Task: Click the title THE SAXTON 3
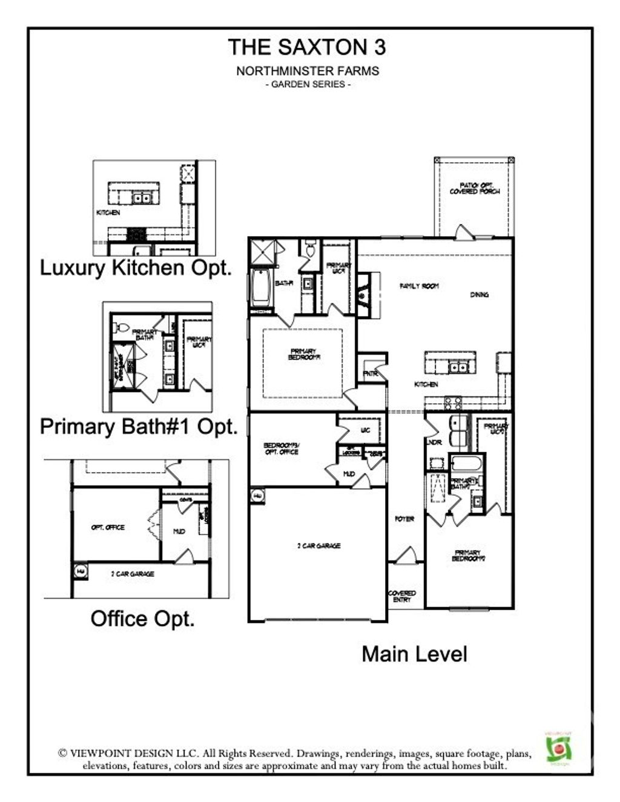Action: coord(307,47)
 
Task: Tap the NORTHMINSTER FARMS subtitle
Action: coord(308,71)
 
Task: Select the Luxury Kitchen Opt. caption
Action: coord(136,268)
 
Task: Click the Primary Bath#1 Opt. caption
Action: coord(139,427)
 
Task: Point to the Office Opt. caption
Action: coord(143,619)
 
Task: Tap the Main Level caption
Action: coord(414,654)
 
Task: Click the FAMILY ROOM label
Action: coord(419,286)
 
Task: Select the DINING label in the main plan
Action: coord(479,295)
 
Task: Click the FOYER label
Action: coord(404,519)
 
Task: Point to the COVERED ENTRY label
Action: coord(402,596)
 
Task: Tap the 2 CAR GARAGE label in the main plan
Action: coord(318,546)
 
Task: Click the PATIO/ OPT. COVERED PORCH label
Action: coord(475,188)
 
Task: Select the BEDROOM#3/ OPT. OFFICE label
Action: coord(281,449)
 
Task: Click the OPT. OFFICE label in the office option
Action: coord(108,528)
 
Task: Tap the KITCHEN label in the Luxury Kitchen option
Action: coord(108,213)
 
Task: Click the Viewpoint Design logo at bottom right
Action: coord(560,749)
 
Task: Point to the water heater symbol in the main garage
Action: coord(257,496)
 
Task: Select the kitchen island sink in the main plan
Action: coord(458,366)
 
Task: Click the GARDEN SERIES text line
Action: coord(308,84)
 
